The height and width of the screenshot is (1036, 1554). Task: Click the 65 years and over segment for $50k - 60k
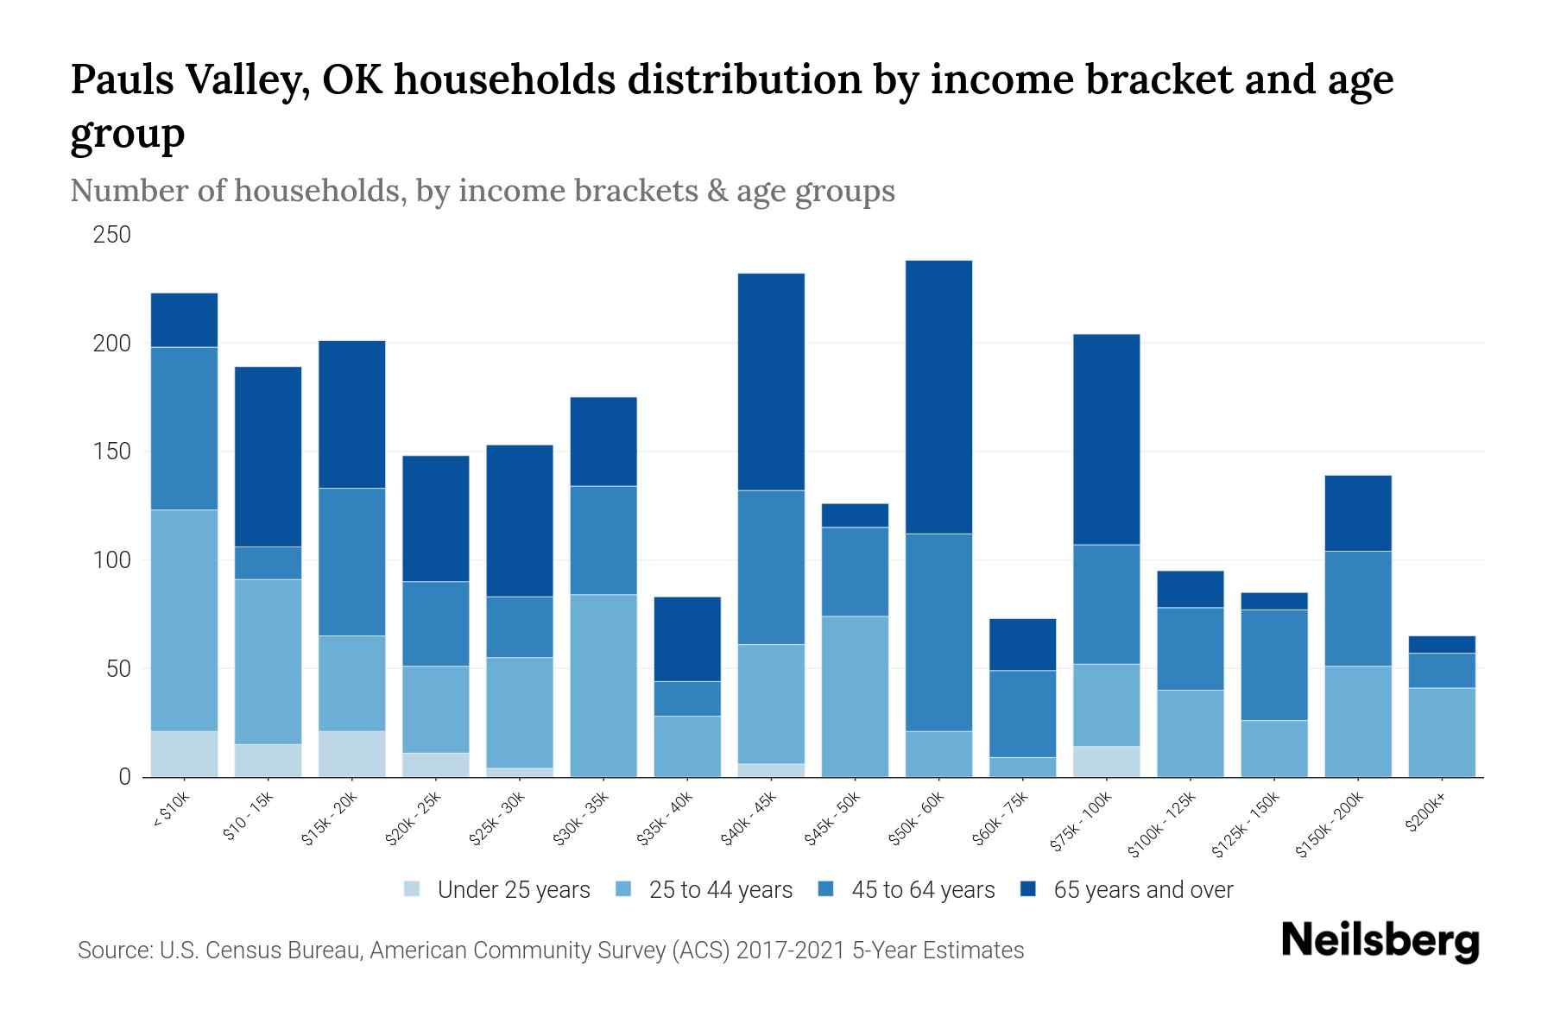pos(938,397)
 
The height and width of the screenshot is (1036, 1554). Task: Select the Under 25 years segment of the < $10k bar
pos(184,754)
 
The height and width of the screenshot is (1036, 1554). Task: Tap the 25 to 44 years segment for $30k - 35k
pos(603,685)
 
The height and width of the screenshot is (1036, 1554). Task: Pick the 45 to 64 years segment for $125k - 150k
pos(1274,665)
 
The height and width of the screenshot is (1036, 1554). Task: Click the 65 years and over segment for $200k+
pos(1442,644)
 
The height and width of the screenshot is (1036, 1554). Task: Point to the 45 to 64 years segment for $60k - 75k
pos(1022,714)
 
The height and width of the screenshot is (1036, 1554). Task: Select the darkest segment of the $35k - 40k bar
pos(687,639)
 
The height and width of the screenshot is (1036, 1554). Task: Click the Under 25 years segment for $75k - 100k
pos(1106,761)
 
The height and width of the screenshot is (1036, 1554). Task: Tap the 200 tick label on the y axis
pos(112,344)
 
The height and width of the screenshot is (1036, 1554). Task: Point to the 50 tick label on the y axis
pos(117,669)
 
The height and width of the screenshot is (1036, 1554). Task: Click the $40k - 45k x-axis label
pos(749,819)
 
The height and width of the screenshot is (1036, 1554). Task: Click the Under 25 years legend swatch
pos(413,889)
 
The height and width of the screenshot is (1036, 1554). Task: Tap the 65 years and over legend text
pos(1143,890)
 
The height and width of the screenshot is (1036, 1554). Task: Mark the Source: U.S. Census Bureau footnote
pos(551,951)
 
